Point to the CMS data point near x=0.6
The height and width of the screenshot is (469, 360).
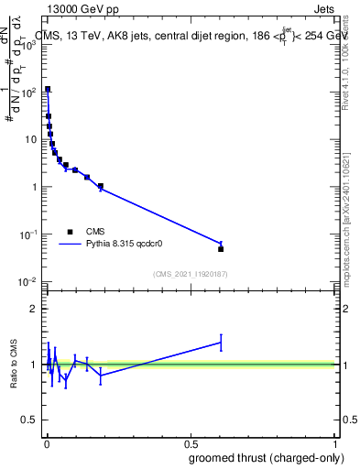(221, 249)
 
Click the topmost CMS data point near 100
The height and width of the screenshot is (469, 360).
(48, 90)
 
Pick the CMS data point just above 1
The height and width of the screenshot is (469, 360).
(101, 187)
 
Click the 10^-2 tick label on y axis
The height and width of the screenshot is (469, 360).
(28, 281)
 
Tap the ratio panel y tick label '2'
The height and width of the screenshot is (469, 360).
(35, 309)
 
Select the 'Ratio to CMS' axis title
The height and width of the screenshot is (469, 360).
(13, 365)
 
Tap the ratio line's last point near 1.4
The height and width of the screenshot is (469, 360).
(221, 343)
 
